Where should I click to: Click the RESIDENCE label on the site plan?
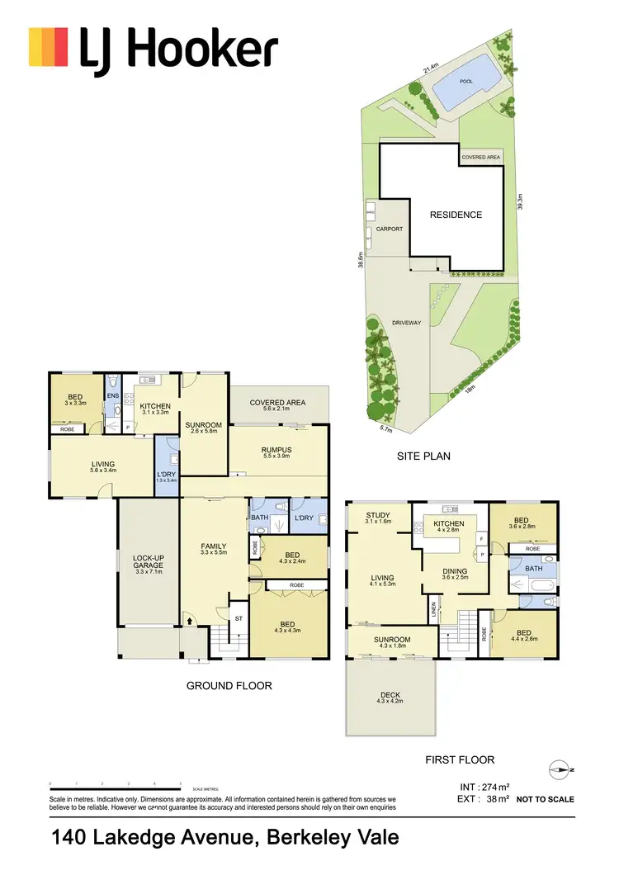[x=456, y=215]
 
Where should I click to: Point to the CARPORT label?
[x=390, y=229]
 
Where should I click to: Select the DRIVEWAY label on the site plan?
[x=406, y=323]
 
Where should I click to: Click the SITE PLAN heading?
[x=423, y=456]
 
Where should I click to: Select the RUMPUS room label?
[x=278, y=451]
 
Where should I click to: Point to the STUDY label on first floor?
[x=379, y=516]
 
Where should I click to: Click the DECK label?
[x=388, y=695]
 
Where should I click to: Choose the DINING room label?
[x=455, y=571]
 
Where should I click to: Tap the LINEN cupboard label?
[x=432, y=611]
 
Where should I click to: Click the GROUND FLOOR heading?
[x=229, y=685]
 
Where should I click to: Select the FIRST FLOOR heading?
[x=458, y=759]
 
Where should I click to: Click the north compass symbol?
[x=560, y=770]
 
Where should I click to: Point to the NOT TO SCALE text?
[x=545, y=799]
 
